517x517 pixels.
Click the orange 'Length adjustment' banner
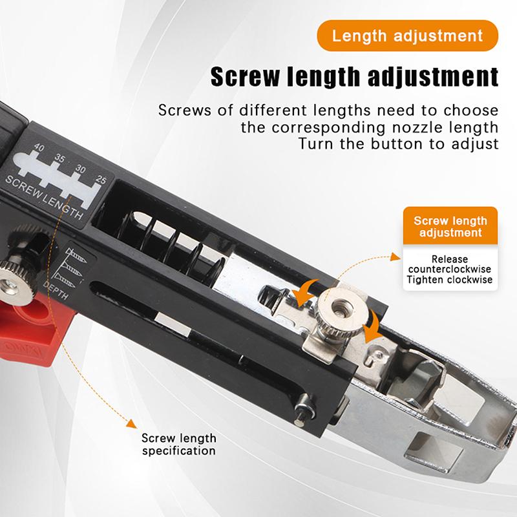point(407,35)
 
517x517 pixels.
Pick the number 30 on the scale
point(80,169)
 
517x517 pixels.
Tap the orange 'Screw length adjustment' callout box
point(450,226)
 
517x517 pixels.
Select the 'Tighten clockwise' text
point(450,280)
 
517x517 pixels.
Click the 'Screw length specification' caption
point(178,445)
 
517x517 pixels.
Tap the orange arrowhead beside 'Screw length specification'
point(131,424)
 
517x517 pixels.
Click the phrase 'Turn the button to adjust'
point(398,143)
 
